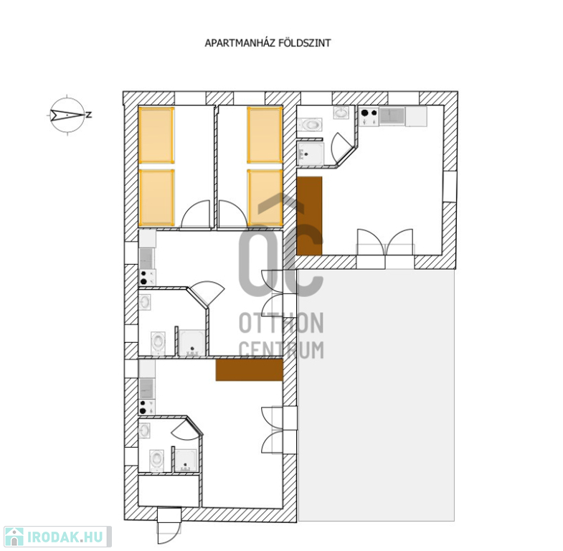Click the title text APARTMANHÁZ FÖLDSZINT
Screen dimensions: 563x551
click(x=268, y=43)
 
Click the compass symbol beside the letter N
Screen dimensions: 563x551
click(x=67, y=116)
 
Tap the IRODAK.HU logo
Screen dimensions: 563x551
click(x=57, y=537)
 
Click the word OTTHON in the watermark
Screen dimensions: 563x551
click(x=281, y=323)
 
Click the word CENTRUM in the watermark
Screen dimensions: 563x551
click(x=281, y=350)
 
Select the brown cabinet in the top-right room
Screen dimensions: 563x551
click(x=310, y=215)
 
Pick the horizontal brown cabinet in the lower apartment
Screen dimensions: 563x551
click(x=249, y=370)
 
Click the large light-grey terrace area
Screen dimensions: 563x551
click(x=377, y=395)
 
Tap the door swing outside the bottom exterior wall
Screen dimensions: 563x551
click(x=169, y=532)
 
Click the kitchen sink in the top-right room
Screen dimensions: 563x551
click(x=392, y=116)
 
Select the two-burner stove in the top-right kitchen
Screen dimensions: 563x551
click(x=369, y=116)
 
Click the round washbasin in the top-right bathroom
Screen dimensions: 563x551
click(x=341, y=113)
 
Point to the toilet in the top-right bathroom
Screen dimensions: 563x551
click(x=310, y=125)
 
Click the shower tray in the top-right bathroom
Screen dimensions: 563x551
click(x=311, y=154)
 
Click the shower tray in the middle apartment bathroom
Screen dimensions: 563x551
click(x=192, y=343)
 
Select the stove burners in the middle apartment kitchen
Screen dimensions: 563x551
click(x=147, y=278)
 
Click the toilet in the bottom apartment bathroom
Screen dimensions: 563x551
click(x=156, y=461)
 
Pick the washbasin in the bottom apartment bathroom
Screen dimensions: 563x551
click(x=144, y=430)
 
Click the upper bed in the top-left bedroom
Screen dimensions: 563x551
click(x=156, y=136)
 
